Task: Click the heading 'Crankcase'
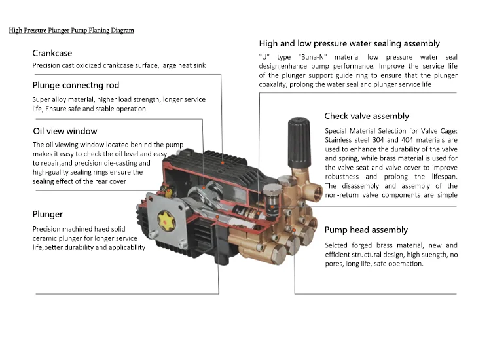click(x=52, y=53)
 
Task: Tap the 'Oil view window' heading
click(x=65, y=131)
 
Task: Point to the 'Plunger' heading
click(x=48, y=214)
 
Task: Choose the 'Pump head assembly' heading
click(x=366, y=230)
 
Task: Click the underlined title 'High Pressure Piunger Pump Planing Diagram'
click(x=71, y=30)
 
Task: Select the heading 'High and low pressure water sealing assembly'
click(x=349, y=43)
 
